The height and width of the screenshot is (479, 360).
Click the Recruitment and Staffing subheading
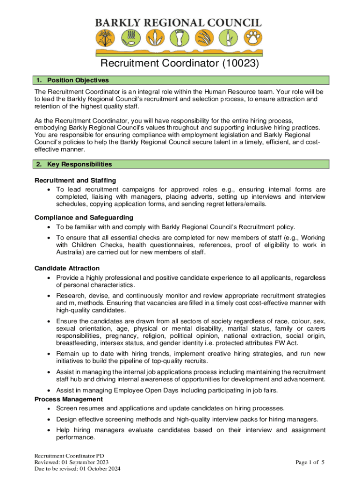[75, 180]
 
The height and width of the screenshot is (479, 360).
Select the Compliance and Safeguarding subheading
[84, 218]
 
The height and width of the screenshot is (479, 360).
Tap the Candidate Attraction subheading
[67, 268]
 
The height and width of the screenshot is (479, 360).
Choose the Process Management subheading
[68, 399]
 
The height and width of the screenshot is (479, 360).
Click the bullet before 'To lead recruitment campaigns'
[49, 189]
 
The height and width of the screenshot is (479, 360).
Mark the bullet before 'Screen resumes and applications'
[49, 408]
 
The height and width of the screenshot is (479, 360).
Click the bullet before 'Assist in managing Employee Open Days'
[49, 390]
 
